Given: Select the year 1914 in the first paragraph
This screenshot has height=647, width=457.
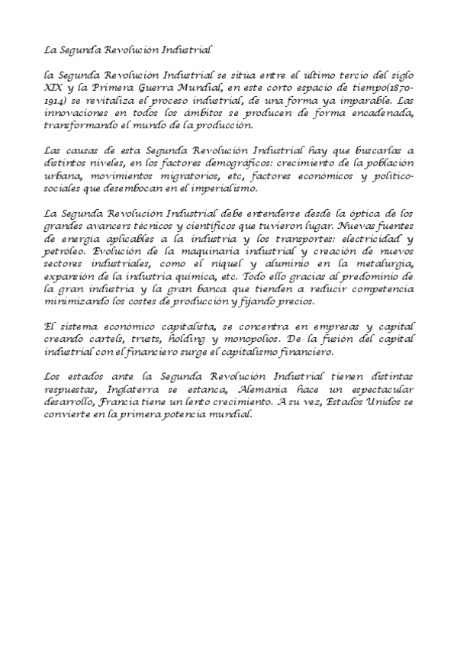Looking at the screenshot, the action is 56,101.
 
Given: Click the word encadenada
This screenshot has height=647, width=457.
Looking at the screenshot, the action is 381,113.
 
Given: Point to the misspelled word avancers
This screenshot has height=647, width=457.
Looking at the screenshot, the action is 106,227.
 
